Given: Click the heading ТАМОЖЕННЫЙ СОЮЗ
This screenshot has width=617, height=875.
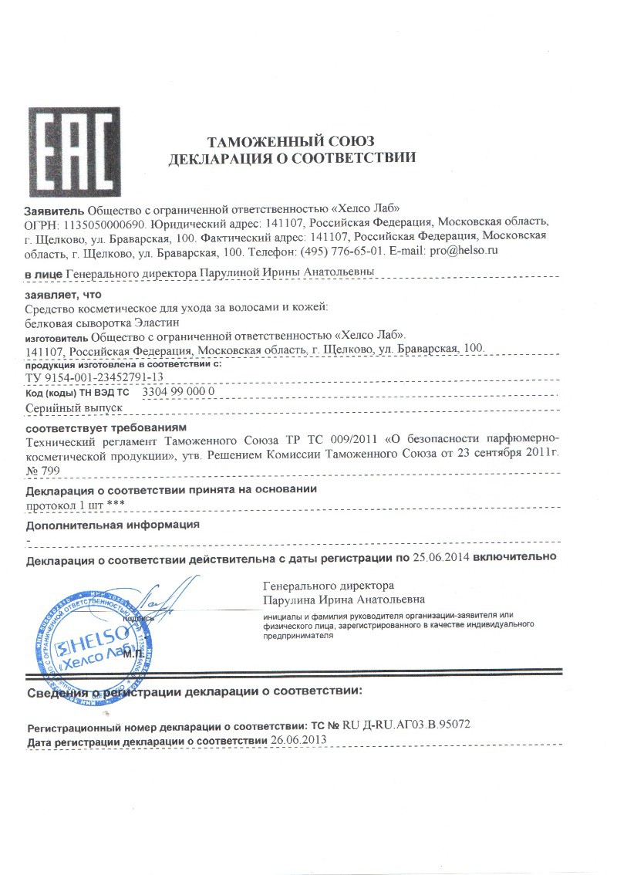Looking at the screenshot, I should click(x=292, y=141).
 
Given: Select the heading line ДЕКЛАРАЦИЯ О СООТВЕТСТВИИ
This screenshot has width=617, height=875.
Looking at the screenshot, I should click(x=292, y=159).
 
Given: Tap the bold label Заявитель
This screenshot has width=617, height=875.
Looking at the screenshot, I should click(x=55, y=209).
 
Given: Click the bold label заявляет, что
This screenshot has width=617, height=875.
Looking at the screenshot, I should click(x=63, y=295).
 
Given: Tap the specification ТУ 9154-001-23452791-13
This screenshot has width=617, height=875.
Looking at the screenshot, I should click(x=94, y=377).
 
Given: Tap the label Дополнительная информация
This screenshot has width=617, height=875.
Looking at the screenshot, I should click(x=113, y=525).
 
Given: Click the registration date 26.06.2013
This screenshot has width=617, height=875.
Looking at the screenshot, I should click(x=298, y=740).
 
